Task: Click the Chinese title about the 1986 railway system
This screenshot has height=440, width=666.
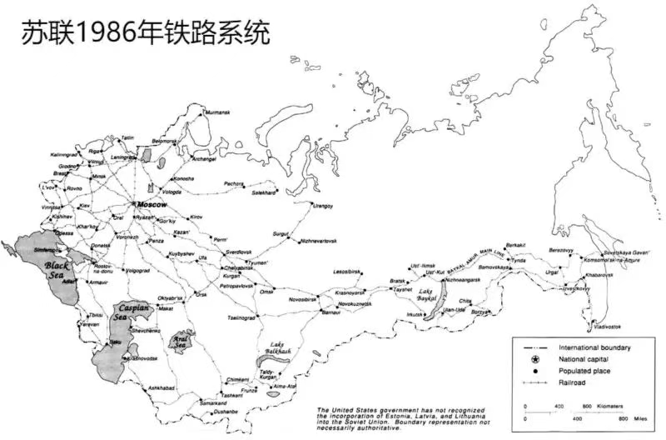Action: [x=137, y=32]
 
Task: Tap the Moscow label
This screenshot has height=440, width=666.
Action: [x=152, y=205]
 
